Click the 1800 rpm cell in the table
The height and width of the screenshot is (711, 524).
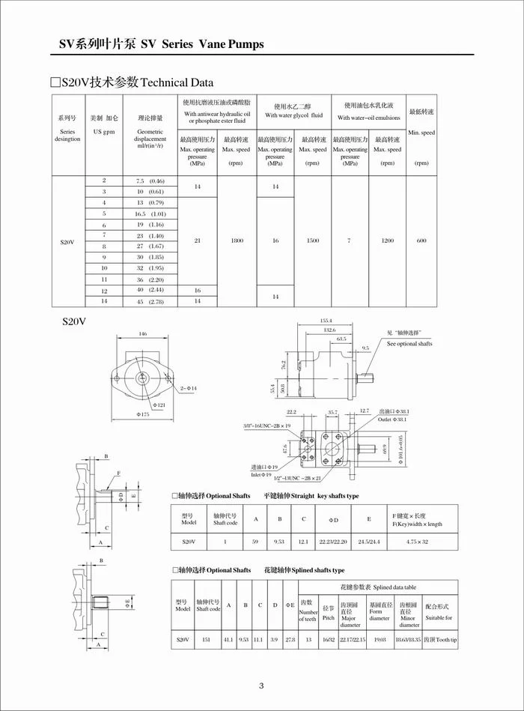237,240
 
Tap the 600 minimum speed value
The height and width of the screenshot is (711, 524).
421,240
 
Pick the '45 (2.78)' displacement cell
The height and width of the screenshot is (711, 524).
150,301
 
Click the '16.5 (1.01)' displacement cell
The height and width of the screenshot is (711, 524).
150,214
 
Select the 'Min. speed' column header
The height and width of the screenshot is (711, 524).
421,133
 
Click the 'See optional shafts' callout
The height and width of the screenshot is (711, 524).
409,343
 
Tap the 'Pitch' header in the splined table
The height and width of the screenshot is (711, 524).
328,618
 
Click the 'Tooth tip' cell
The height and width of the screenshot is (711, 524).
439,639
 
